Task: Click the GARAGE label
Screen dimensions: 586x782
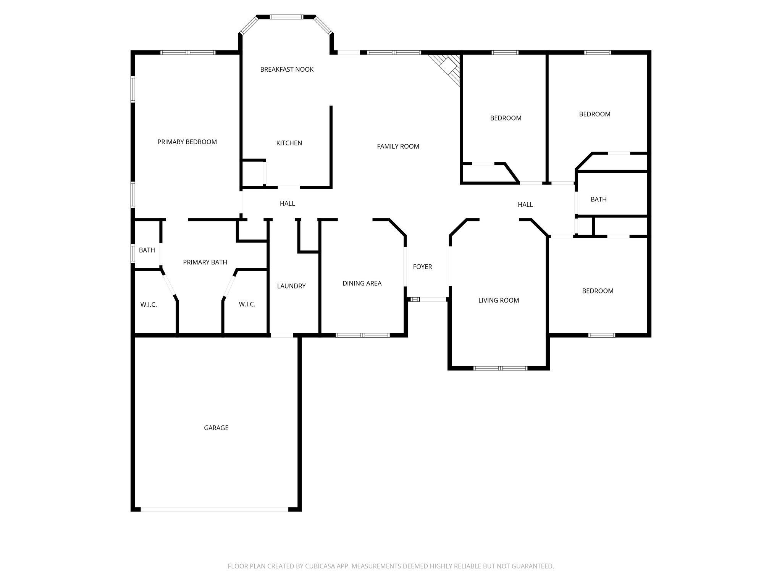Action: coord(216,428)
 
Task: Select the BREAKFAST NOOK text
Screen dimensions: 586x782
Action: coord(287,69)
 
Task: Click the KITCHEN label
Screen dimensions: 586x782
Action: coord(289,143)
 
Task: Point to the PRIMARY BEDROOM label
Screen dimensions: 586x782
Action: coord(187,142)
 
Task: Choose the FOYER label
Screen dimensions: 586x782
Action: coord(422,267)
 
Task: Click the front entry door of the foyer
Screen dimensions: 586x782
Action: coord(432,299)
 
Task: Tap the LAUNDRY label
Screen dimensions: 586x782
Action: coord(291,286)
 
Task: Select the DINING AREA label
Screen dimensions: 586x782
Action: coord(362,283)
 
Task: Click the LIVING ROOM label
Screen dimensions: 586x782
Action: coord(499,300)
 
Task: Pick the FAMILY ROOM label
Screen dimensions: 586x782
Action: coord(398,146)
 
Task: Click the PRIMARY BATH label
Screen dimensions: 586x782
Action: coord(205,262)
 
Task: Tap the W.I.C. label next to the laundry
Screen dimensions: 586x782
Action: coord(247,304)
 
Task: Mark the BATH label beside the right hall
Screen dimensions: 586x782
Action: coord(598,199)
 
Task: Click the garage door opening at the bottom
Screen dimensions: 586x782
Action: coord(214,509)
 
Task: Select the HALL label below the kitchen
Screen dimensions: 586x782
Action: coord(287,203)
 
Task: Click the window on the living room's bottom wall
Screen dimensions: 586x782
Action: coord(500,368)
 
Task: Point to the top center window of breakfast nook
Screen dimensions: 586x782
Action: coord(287,17)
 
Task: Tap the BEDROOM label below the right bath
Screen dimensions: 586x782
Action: coord(598,291)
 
